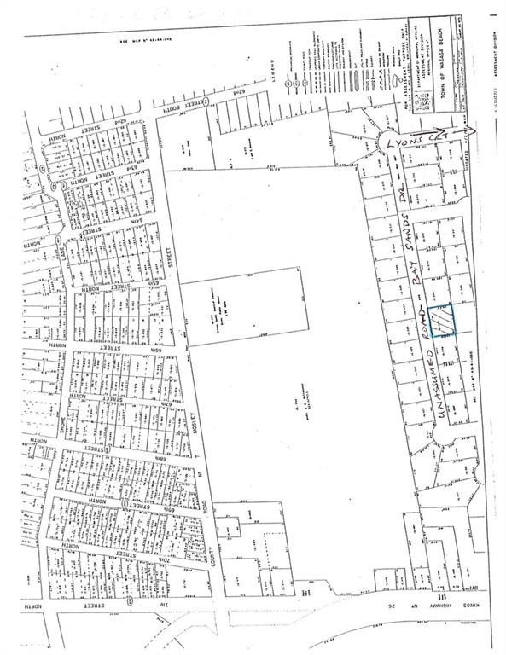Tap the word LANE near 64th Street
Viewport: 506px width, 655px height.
pyautogui.click(x=62, y=248)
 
